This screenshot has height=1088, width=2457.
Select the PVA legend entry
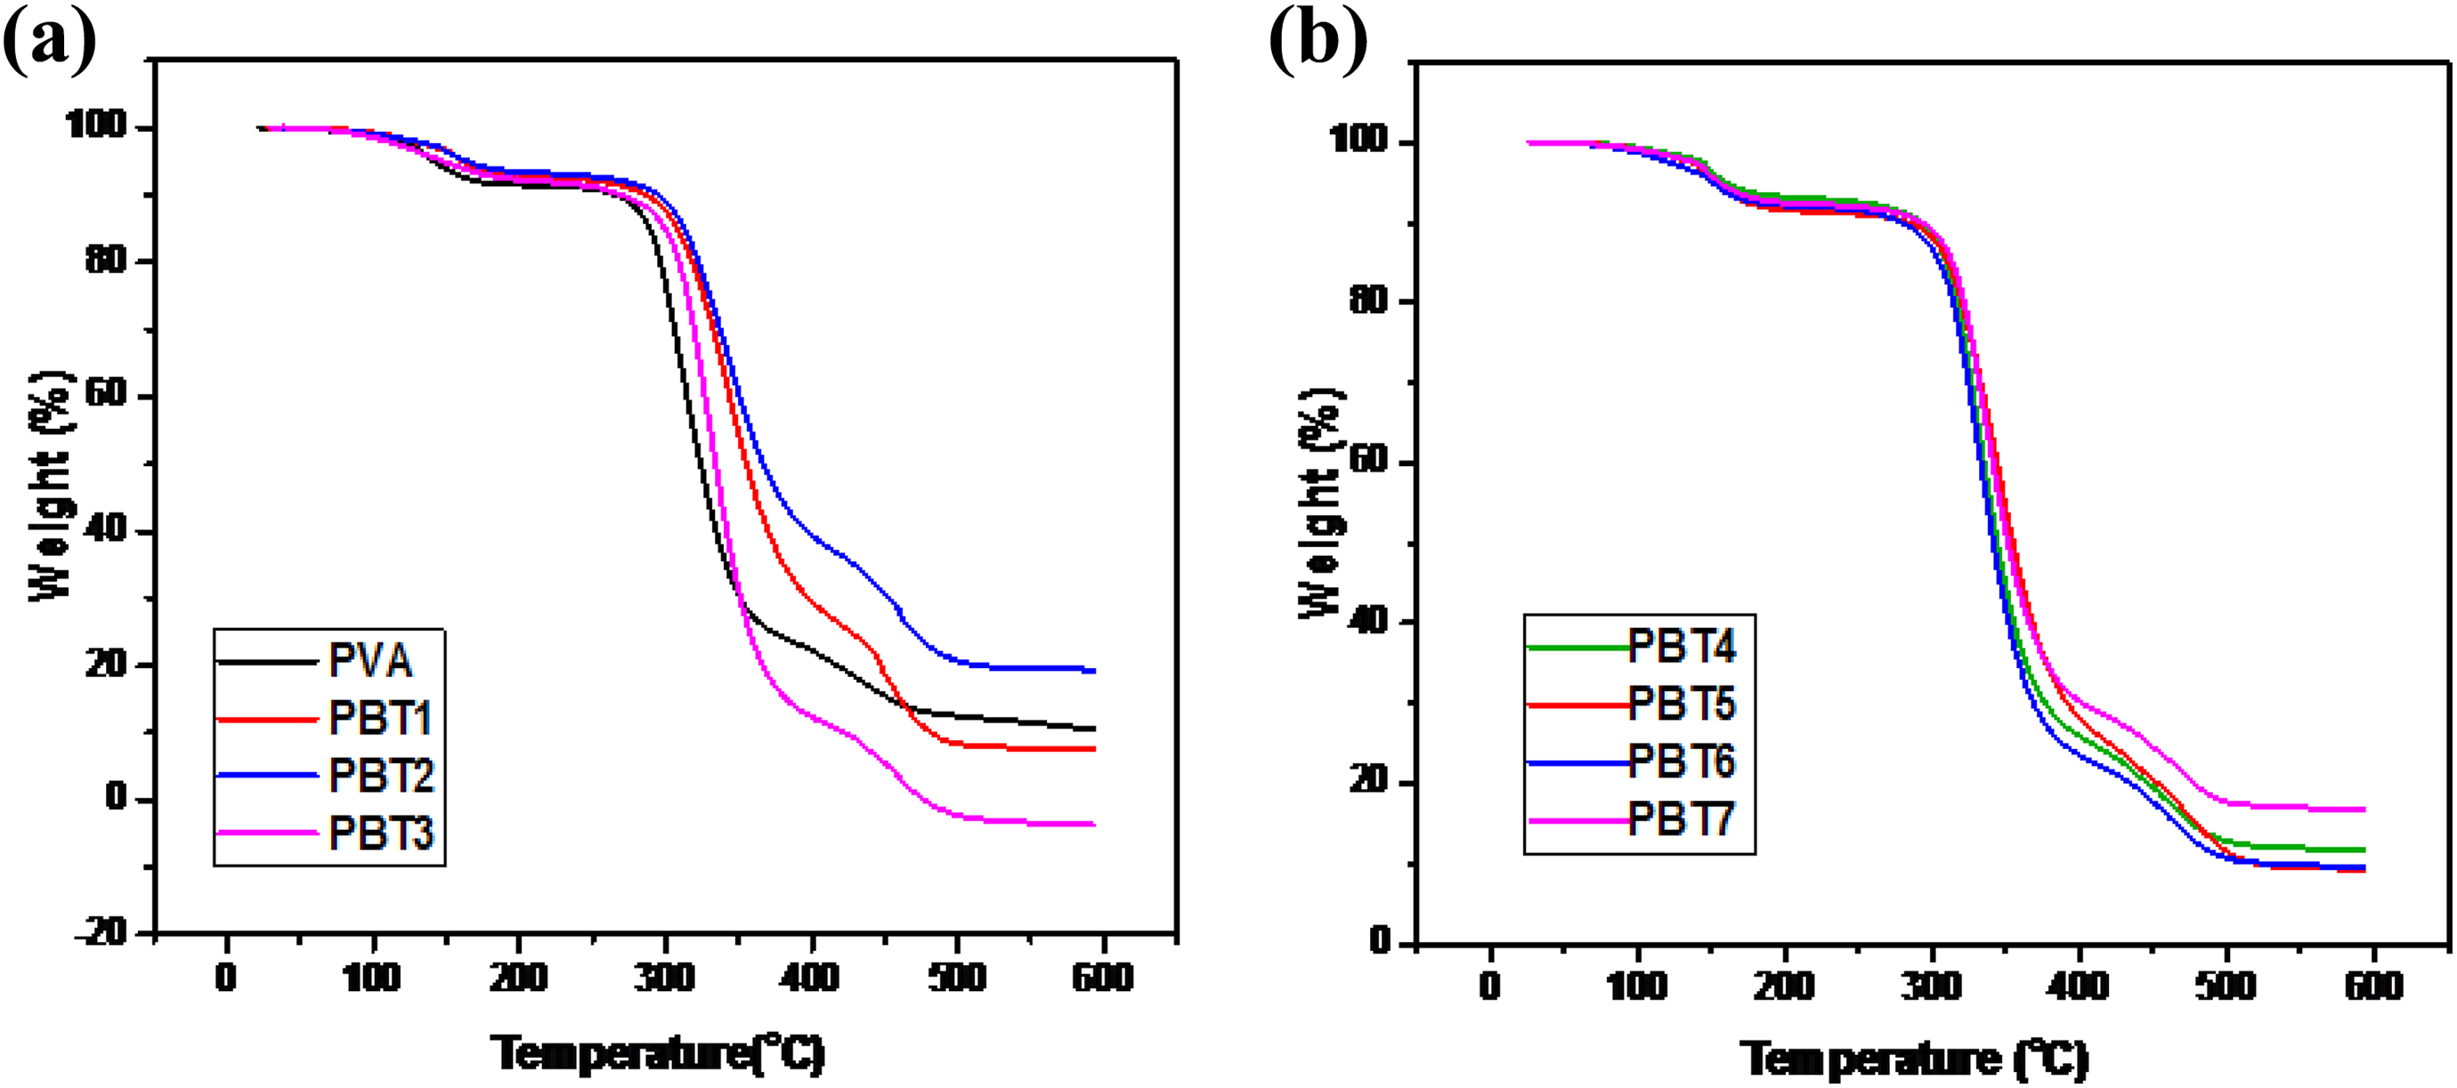(370, 661)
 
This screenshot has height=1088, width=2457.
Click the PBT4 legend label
(1683, 647)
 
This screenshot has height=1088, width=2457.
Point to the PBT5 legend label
(1683, 704)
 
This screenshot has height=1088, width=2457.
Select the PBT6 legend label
(1683, 761)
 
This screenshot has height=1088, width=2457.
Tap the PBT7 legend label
(1682, 818)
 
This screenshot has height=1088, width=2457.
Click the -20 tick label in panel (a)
(102, 931)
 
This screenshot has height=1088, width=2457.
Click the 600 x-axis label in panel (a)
(1102, 977)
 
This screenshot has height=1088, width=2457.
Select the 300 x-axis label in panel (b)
(1932, 984)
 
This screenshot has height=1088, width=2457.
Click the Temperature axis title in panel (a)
(658, 1053)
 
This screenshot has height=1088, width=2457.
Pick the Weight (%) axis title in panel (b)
(1322, 504)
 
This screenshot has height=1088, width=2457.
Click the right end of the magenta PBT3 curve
(1095, 824)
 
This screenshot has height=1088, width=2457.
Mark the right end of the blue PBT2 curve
(1095, 671)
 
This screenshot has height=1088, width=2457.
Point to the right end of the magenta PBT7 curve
(2365, 810)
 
